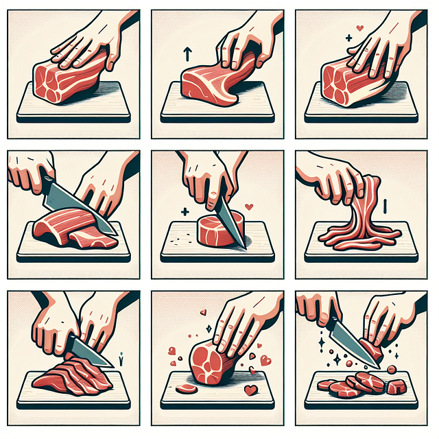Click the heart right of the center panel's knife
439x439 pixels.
coord(250,206)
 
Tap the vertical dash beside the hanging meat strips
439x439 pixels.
coord(385,204)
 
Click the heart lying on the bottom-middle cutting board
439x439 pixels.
coord(250,390)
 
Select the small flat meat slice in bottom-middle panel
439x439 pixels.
coord(187,389)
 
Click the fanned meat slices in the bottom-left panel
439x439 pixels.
coord(69,374)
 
